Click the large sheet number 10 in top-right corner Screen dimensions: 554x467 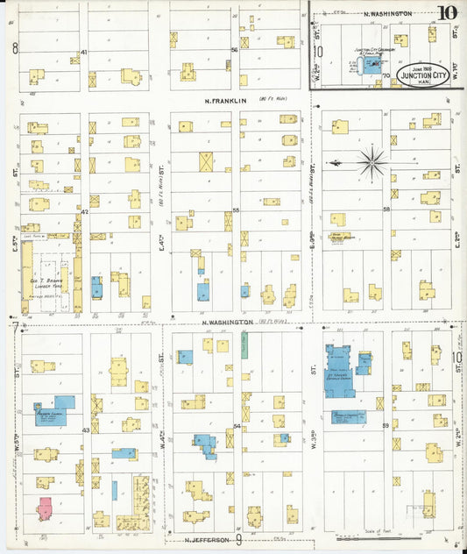447,13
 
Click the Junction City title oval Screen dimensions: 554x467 421,75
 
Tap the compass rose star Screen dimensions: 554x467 373,162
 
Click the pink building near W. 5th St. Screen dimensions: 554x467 45,508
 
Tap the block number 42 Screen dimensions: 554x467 85,211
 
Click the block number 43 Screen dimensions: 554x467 85,430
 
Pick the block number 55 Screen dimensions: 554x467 236,210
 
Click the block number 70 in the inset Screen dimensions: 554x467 386,76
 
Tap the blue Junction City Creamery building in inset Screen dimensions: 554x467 373,66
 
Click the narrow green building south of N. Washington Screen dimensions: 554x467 244,344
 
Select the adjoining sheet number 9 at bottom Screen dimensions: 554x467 237,541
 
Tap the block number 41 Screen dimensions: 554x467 84,53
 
